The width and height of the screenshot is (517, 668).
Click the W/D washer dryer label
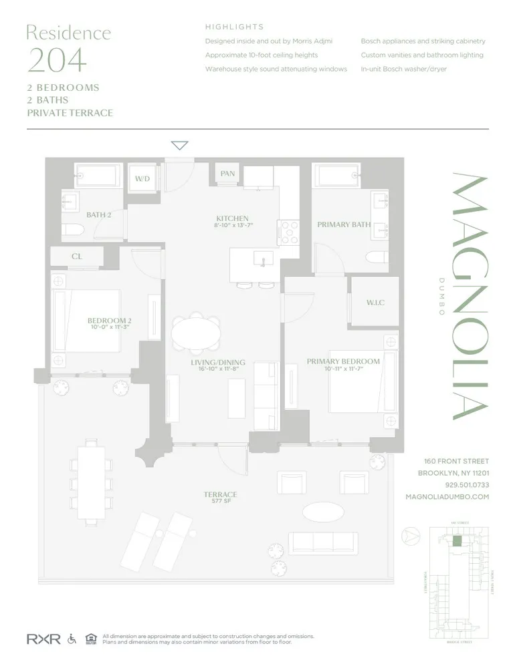pyautogui.click(x=142, y=179)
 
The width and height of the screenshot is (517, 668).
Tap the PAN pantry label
pyautogui.click(x=227, y=174)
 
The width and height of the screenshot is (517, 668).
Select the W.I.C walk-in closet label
pyautogui.click(x=375, y=303)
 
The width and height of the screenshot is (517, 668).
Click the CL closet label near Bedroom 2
pyautogui.click(x=76, y=257)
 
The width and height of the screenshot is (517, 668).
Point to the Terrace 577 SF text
pyautogui.click(x=221, y=498)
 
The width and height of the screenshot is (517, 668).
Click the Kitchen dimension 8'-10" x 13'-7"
pyautogui.click(x=233, y=226)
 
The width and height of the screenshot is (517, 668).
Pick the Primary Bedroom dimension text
pyautogui.click(x=343, y=369)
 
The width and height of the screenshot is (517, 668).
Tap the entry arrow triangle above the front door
pyautogui.click(x=180, y=146)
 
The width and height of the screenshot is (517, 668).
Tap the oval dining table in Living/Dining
pyautogui.click(x=196, y=332)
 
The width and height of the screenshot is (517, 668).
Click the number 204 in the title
pyautogui.click(x=57, y=60)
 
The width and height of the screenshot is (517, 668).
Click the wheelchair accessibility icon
pyautogui.click(x=72, y=639)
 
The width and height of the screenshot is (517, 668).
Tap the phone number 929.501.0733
pyautogui.click(x=467, y=485)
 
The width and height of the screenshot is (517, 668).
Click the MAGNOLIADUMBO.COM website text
pyautogui.click(x=447, y=497)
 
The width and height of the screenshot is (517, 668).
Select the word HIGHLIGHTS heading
pyautogui.click(x=234, y=27)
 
